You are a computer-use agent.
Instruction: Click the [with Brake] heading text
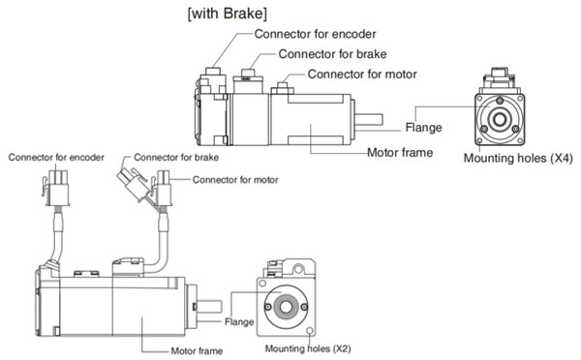(x=228, y=14)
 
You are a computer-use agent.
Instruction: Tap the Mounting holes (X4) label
(x=518, y=158)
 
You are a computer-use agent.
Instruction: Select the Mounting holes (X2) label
(x=308, y=348)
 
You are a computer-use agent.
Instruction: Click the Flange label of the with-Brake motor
(x=423, y=128)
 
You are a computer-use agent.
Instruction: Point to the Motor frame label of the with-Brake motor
(x=400, y=152)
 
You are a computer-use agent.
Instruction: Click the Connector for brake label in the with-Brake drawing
(x=332, y=54)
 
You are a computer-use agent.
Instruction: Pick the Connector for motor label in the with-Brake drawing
(x=362, y=75)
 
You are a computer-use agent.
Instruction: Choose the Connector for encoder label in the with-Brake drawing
(x=315, y=34)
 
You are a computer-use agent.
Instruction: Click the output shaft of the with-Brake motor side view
(x=369, y=119)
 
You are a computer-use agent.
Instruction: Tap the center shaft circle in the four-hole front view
(x=500, y=119)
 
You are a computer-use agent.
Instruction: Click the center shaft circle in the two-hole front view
(x=286, y=307)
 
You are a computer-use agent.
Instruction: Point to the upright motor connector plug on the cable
(x=164, y=188)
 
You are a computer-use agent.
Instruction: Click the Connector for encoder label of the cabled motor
(x=56, y=158)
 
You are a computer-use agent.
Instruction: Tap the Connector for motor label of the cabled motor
(x=235, y=180)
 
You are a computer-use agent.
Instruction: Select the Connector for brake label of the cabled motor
(x=176, y=158)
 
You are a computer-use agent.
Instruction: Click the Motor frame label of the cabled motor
(x=197, y=350)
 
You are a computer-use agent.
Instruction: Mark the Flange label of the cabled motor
(x=239, y=322)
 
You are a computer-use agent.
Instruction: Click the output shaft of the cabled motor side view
(x=209, y=307)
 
